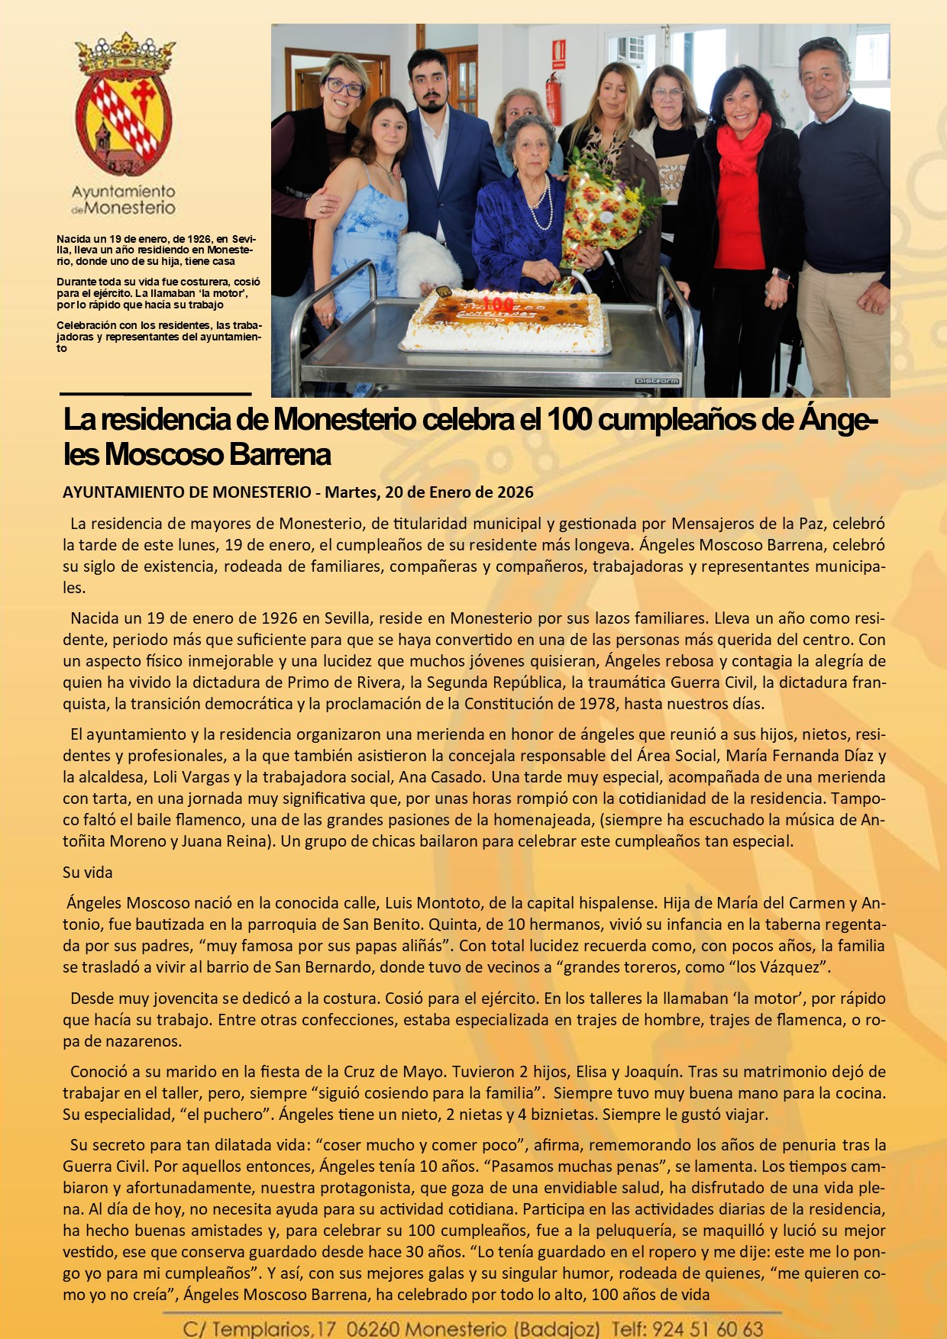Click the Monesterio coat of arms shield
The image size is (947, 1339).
coord(124,115)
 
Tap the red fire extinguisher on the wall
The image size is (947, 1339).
coord(553,99)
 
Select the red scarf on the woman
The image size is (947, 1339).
coord(742,145)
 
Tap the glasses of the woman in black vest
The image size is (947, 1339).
coord(344,86)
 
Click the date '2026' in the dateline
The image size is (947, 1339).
coord(515,492)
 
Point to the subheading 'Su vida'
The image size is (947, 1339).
coord(88,872)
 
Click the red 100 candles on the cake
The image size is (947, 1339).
coord(498,303)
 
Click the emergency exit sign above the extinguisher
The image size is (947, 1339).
coord(559,53)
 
